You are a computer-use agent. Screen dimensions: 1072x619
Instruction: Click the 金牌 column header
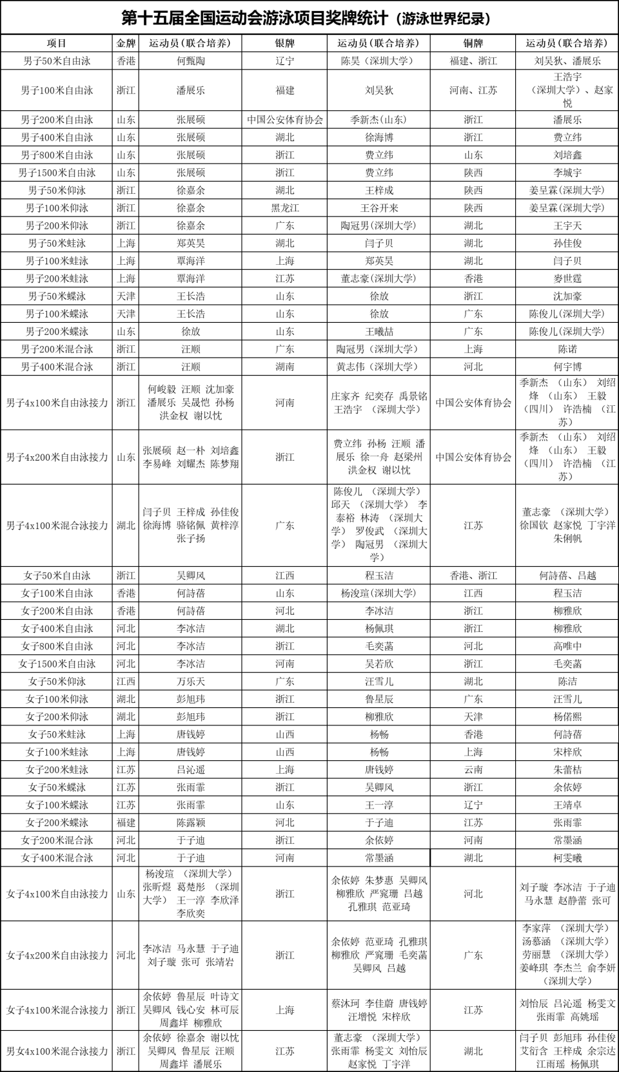pyautogui.click(x=126, y=43)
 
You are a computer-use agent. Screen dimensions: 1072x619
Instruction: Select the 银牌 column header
pyautogui.click(x=284, y=43)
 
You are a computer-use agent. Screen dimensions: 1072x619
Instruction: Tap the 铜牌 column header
pyautogui.click(x=473, y=43)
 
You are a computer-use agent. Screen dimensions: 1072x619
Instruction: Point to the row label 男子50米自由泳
pyautogui.click(x=57, y=61)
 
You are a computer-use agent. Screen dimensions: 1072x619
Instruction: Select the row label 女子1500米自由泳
pyautogui.click(x=57, y=664)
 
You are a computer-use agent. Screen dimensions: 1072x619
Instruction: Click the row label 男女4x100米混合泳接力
pyautogui.click(x=57, y=1051)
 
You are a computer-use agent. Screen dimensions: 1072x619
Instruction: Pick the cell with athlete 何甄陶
pyautogui.click(x=190, y=61)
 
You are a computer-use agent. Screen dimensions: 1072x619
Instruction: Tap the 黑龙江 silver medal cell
pyautogui.click(x=284, y=208)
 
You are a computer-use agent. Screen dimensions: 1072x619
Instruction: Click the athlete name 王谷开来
pyautogui.click(x=378, y=208)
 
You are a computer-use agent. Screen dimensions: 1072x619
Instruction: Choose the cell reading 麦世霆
pyautogui.click(x=567, y=278)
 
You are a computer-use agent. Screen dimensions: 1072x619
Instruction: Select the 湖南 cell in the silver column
pyautogui.click(x=284, y=367)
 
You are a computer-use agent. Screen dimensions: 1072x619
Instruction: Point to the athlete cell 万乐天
pyautogui.click(x=190, y=681)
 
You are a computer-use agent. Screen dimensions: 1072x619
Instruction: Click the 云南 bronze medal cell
pyautogui.click(x=473, y=769)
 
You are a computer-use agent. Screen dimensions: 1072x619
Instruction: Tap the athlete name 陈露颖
pyautogui.click(x=190, y=823)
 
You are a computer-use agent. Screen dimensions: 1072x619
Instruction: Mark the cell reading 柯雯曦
pyautogui.click(x=567, y=857)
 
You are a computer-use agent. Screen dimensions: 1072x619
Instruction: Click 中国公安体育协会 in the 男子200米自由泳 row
pyautogui.click(x=284, y=120)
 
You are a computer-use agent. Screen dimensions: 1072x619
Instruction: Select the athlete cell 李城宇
pyautogui.click(x=567, y=173)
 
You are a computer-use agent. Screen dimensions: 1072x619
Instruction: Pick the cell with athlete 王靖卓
pyautogui.click(x=567, y=805)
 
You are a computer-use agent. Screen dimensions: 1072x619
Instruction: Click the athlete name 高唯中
pyautogui.click(x=567, y=646)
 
